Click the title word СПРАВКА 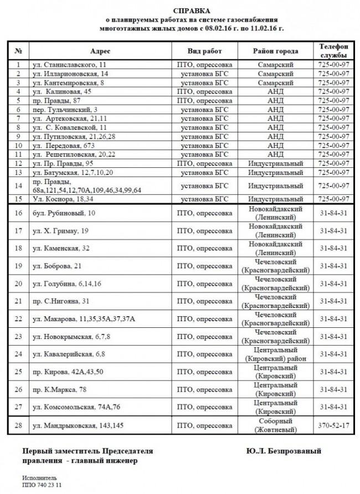click(x=188, y=11)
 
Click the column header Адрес click(x=100, y=51)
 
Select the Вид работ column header click(x=205, y=51)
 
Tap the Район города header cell click(x=275, y=51)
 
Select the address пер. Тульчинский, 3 click(x=65, y=110)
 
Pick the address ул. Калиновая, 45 click(x=62, y=91)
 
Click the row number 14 click(x=18, y=186)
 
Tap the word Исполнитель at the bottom click(x=40, y=477)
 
